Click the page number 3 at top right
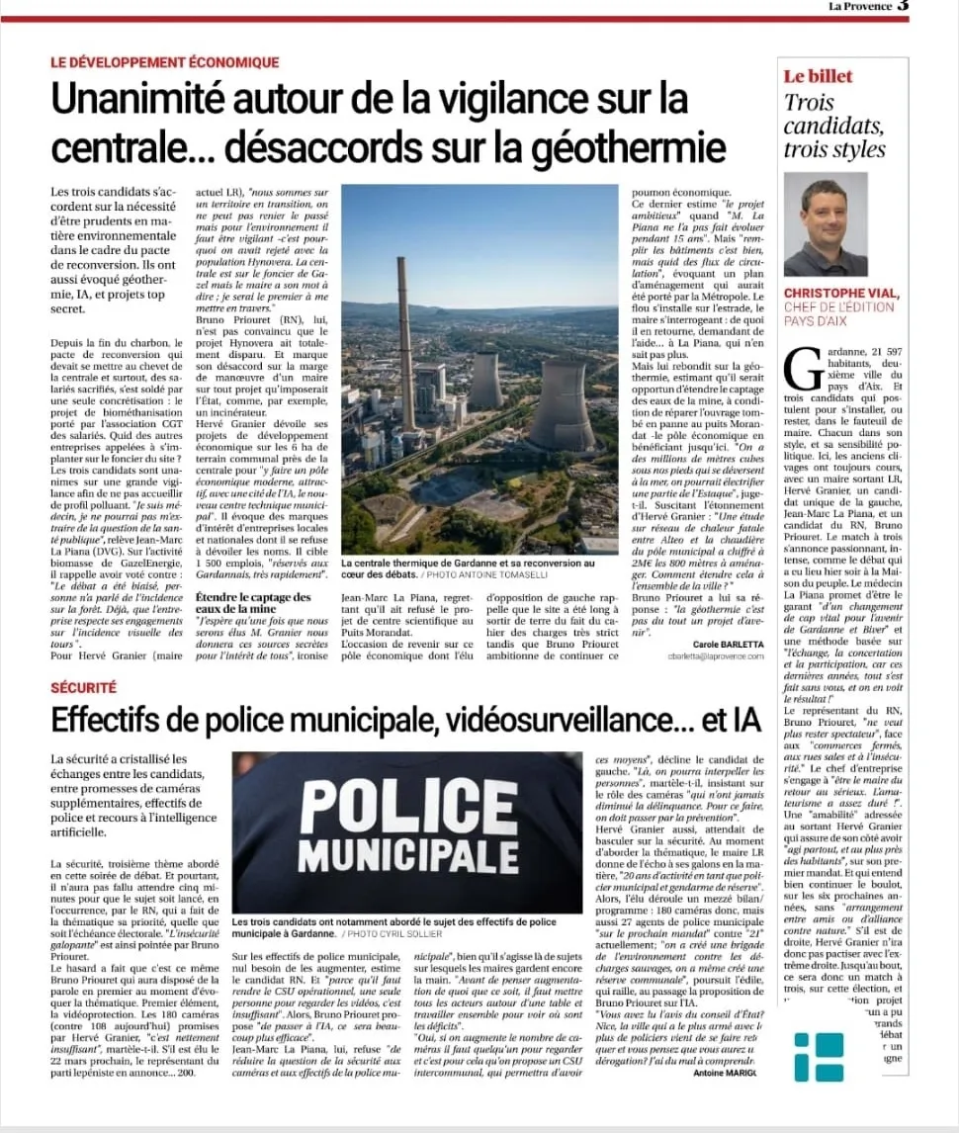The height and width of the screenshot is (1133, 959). (x=903, y=7)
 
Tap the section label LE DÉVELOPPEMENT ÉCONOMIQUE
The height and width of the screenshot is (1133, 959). (x=165, y=62)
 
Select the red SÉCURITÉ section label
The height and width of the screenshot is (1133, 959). (x=84, y=686)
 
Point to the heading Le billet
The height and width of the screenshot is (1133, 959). (x=818, y=76)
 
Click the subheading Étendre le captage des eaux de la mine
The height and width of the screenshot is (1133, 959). (x=253, y=603)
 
